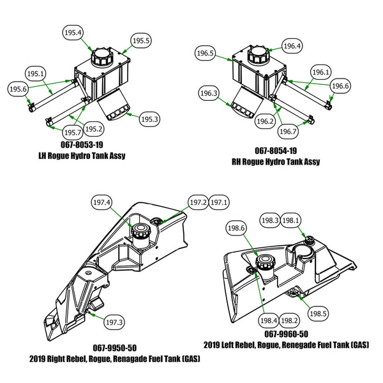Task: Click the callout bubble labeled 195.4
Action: tap(73, 32)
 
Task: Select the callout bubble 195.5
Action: tap(140, 41)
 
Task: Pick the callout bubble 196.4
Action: tap(292, 46)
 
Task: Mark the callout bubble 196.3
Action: tap(209, 94)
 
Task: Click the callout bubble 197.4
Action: tap(101, 203)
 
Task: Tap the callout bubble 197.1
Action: tap(219, 202)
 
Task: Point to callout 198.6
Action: tap(236, 227)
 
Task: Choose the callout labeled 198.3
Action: tap(270, 220)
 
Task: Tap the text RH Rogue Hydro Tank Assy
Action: tap(275, 161)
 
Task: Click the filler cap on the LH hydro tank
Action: tap(101, 57)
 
